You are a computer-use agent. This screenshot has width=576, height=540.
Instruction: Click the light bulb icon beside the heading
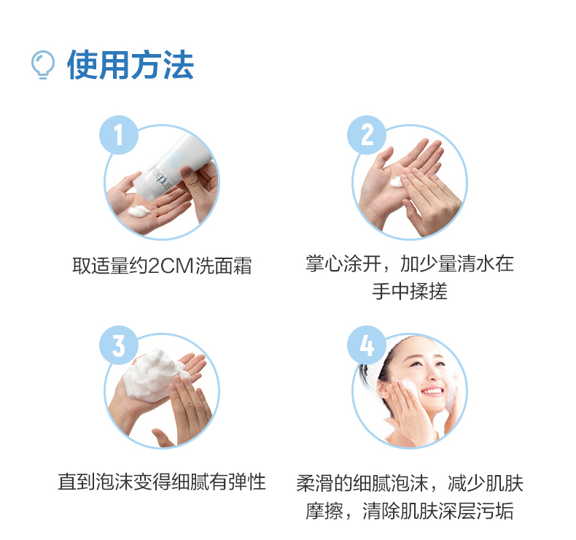click(x=43, y=65)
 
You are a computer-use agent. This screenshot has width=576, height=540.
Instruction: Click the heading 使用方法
click(x=131, y=65)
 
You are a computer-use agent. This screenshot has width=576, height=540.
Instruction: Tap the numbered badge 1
click(x=119, y=135)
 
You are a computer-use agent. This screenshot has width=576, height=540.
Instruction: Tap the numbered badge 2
click(x=367, y=135)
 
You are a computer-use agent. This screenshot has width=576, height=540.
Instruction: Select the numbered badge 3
click(x=119, y=345)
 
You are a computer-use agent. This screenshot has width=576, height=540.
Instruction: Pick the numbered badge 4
click(x=367, y=345)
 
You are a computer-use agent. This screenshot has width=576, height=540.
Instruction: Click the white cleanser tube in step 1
click(x=171, y=167)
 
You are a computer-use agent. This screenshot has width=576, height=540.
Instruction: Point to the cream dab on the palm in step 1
click(x=138, y=212)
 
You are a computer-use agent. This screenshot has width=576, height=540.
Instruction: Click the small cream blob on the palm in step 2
click(x=396, y=182)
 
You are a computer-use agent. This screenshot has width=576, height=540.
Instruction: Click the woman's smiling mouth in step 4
click(x=432, y=391)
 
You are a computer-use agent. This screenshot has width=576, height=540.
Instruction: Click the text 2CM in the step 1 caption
click(x=171, y=266)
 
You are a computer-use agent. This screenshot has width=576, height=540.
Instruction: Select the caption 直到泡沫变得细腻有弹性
click(x=162, y=482)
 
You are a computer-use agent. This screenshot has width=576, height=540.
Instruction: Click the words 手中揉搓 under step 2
click(x=410, y=291)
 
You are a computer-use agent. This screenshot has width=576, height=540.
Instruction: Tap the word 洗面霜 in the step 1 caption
click(x=223, y=266)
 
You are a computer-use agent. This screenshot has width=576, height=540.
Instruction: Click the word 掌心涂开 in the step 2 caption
click(x=343, y=263)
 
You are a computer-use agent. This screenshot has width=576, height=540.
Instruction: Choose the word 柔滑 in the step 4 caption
click(x=315, y=483)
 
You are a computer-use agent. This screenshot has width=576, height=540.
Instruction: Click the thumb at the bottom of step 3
click(x=162, y=438)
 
